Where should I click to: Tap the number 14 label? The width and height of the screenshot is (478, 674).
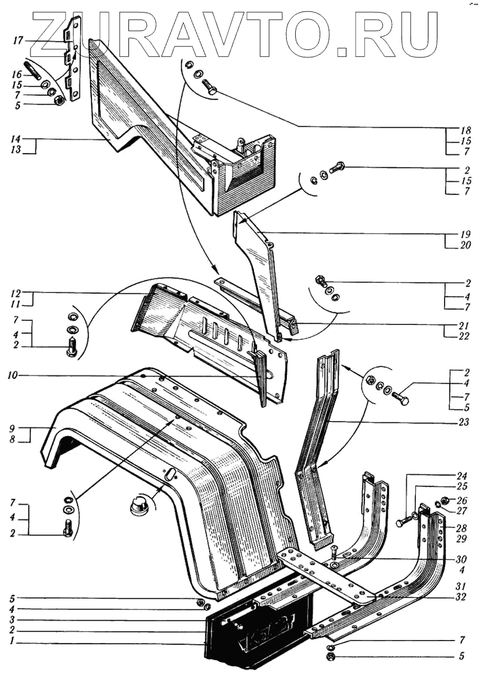pos(16,140)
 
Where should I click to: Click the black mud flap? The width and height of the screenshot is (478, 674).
pos(257,633)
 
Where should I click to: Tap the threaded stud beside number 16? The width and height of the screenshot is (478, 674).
pos(34,71)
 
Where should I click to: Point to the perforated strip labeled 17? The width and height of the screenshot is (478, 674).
pos(73,60)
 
